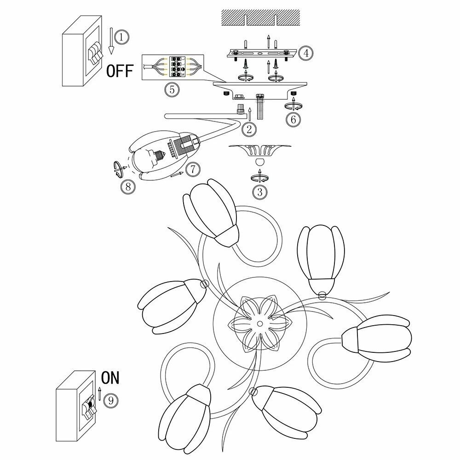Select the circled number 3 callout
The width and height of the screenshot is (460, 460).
260,192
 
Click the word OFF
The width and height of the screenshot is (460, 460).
120,71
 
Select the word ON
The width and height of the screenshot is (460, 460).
110,378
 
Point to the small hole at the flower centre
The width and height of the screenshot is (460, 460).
260,323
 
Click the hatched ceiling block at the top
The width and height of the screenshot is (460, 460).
261,18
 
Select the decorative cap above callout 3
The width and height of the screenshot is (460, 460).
260,152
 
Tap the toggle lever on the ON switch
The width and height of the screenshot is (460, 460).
88,405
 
